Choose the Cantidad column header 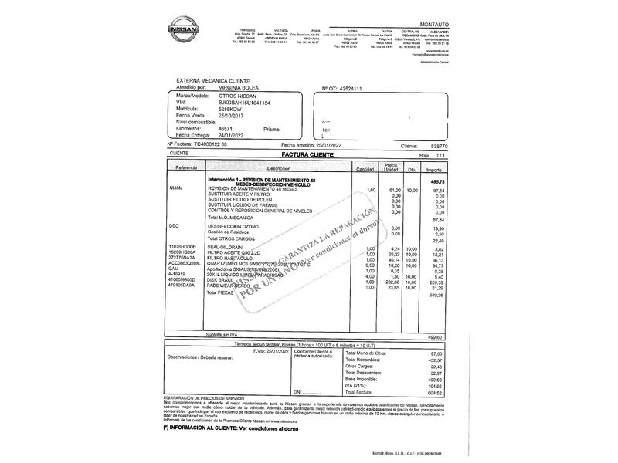(x=365, y=168)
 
